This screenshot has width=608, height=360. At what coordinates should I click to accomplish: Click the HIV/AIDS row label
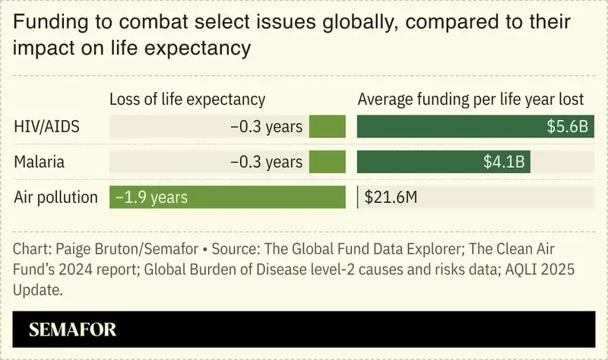click(47, 126)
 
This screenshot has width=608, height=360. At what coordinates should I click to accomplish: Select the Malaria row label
click(39, 162)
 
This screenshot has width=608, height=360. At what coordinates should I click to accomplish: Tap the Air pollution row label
click(56, 197)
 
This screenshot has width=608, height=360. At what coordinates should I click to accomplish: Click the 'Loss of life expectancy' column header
click(187, 99)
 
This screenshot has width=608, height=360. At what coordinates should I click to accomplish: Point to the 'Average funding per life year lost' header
click(470, 99)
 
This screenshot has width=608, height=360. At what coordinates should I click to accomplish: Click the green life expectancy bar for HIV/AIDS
click(327, 126)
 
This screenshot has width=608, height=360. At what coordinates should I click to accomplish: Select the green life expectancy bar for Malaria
click(327, 162)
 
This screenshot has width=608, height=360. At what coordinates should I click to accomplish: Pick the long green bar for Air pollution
click(227, 197)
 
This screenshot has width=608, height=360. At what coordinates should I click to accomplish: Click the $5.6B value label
click(567, 127)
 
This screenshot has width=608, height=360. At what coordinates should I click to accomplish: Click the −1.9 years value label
click(151, 197)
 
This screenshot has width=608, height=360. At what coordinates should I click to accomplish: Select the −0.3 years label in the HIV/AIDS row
click(266, 127)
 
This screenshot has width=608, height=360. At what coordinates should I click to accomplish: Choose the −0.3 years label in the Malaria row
click(266, 162)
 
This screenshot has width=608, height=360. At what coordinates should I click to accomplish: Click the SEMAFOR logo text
click(72, 330)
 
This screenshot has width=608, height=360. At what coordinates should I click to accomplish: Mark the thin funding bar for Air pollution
click(358, 197)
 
